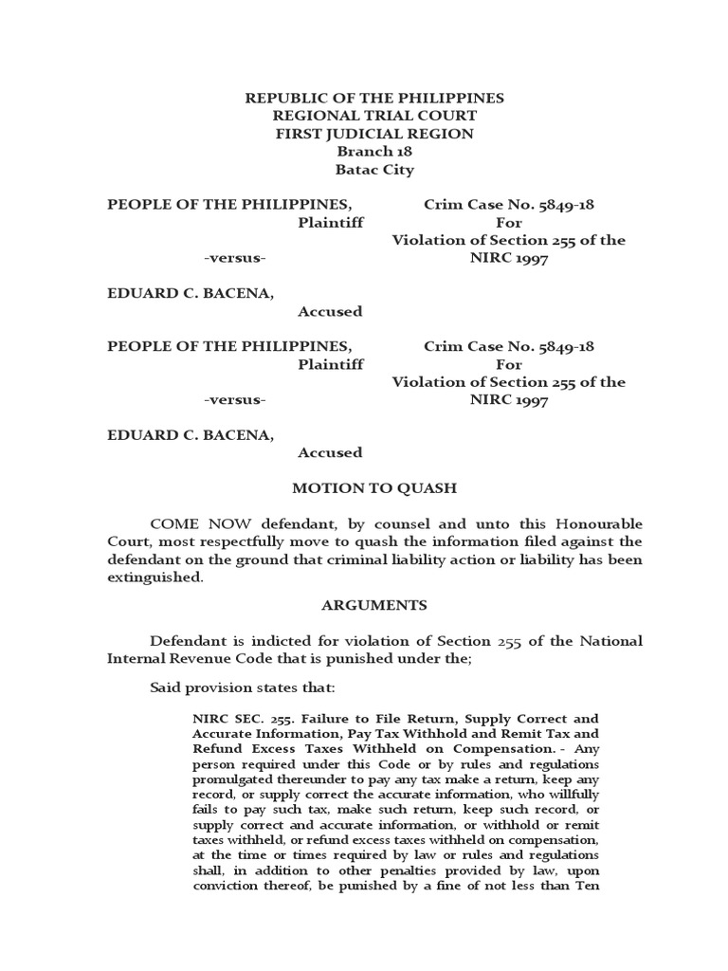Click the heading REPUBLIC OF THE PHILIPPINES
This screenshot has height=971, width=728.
pyautogui.click(x=374, y=99)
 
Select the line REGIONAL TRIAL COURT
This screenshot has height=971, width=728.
pyautogui.click(x=374, y=117)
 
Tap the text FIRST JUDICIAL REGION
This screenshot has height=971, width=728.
pyautogui.click(x=374, y=135)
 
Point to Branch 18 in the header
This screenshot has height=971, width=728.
pyautogui.click(x=374, y=153)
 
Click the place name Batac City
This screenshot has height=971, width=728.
pyautogui.click(x=374, y=171)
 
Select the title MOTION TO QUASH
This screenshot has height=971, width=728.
pyautogui.click(x=374, y=489)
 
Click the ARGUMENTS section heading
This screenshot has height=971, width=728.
pyautogui.click(x=374, y=606)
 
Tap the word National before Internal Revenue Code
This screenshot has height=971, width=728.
pyautogui.click(x=607, y=642)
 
